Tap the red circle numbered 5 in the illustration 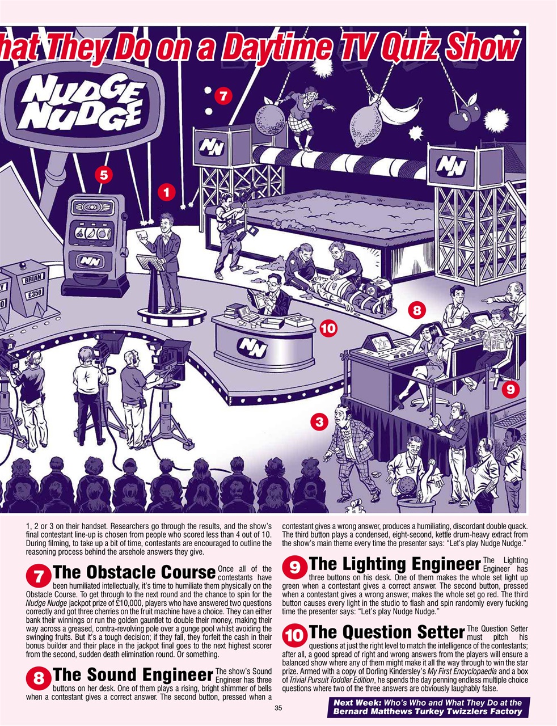(103, 175)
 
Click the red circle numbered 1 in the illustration (166, 193)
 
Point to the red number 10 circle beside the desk (328, 327)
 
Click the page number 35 (278, 708)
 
